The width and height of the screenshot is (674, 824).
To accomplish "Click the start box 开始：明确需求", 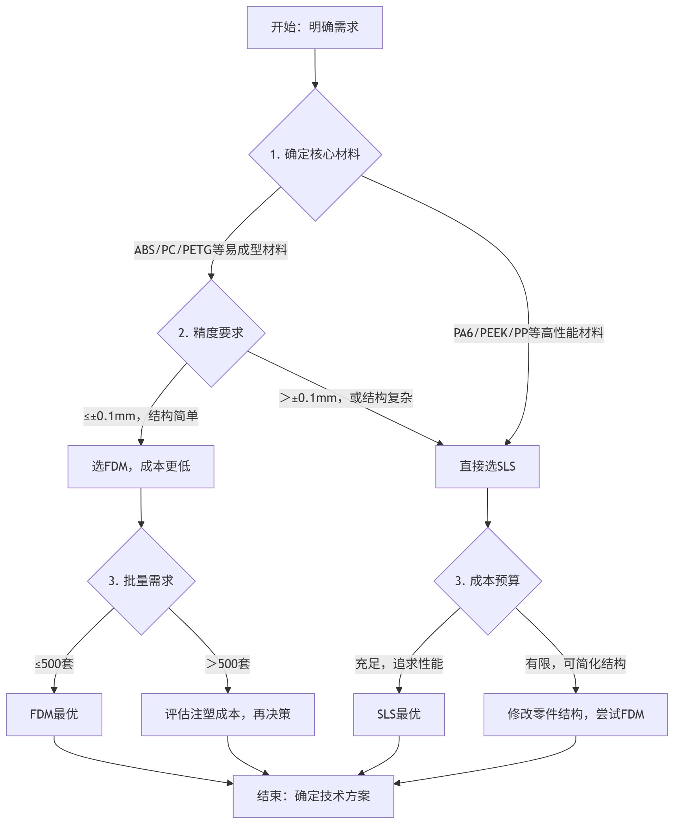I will (x=315, y=28).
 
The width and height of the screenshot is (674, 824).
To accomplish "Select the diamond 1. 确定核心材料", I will (x=315, y=154).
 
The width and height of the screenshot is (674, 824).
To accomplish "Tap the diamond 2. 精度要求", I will (x=211, y=333).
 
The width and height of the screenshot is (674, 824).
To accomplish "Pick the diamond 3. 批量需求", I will (x=141, y=581).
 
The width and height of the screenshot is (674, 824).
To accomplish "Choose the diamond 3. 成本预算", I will (x=487, y=581).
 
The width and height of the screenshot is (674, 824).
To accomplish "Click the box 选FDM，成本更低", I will (x=141, y=466).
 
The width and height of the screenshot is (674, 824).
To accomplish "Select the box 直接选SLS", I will (x=487, y=466).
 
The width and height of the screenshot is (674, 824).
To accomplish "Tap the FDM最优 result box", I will (x=54, y=714).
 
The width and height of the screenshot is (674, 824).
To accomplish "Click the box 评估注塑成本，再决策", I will (x=227, y=714).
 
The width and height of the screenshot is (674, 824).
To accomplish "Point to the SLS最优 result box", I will (x=399, y=714).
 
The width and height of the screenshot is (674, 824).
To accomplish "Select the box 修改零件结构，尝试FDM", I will (x=576, y=714).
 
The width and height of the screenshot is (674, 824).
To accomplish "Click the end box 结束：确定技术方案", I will (x=313, y=796).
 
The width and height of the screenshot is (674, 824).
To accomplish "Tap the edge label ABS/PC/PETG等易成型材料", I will (x=211, y=250).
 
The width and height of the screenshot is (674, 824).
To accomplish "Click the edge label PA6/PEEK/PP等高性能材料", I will (x=528, y=333).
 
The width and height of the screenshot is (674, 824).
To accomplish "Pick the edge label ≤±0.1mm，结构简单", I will (x=141, y=416).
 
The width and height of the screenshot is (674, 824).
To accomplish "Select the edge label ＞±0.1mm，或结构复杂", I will (x=346, y=398).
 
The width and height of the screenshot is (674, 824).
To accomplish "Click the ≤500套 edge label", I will (x=54, y=664).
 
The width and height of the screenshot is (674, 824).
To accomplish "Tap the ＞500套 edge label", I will (x=228, y=664).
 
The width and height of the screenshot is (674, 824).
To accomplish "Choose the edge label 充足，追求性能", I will (x=399, y=664).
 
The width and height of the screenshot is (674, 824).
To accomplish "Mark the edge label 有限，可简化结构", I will (x=576, y=664).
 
